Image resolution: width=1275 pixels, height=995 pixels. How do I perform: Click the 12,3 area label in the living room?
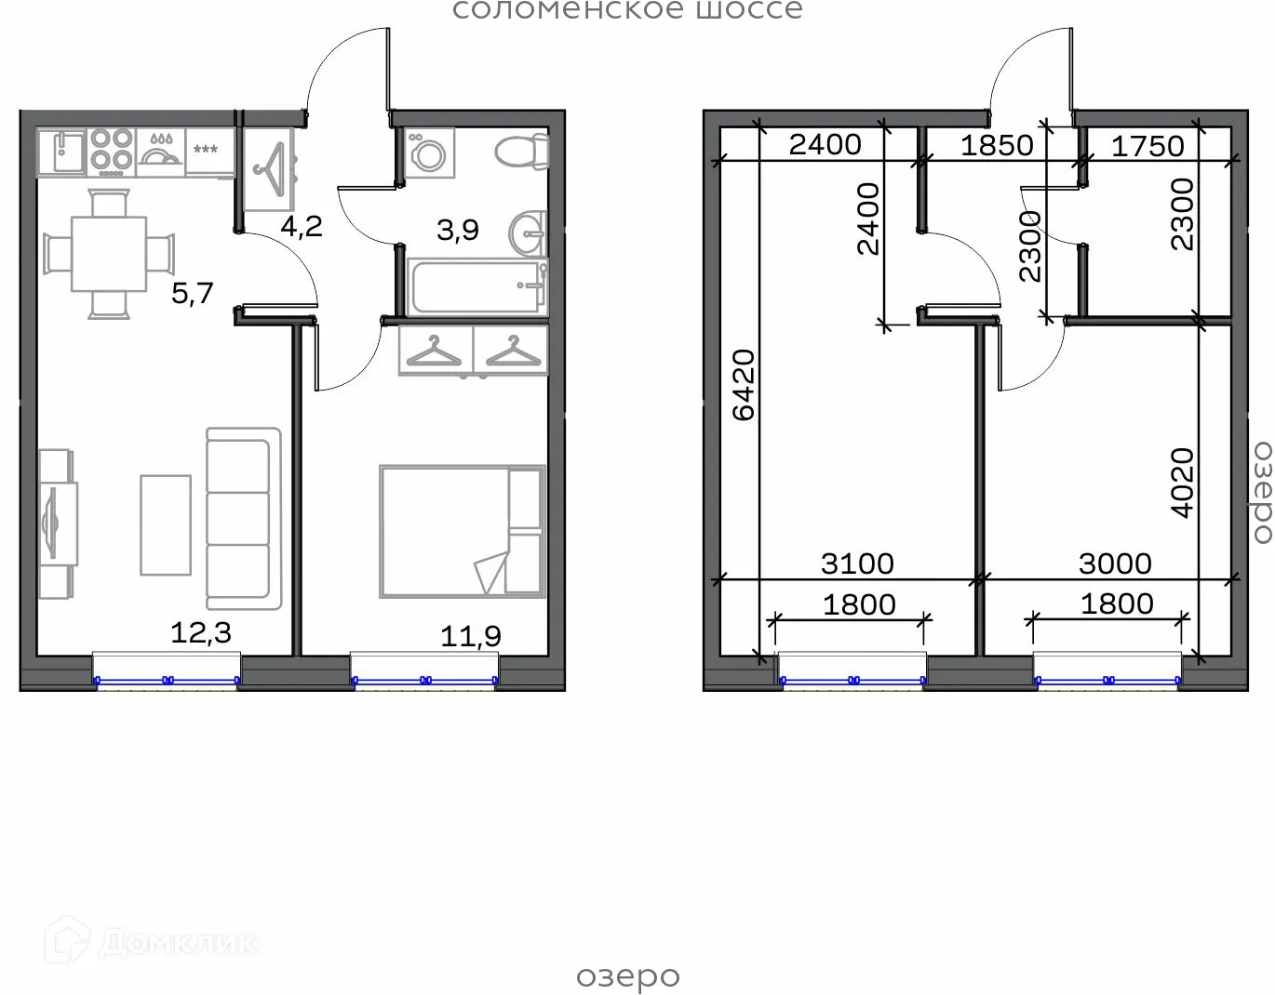pos(200,633)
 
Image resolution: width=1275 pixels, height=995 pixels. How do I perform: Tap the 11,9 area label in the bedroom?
pos(470,636)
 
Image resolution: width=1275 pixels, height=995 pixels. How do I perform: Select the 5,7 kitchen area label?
pos(193,294)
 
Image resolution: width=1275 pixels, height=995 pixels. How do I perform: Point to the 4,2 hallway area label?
pos(302,227)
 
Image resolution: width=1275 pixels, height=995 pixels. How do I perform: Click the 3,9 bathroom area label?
pos(458,230)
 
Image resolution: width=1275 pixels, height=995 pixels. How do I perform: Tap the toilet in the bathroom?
pos(521,152)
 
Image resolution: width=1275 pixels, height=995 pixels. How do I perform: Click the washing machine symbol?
pos(429,153)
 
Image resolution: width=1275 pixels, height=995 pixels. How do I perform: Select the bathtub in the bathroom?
pos(476,287)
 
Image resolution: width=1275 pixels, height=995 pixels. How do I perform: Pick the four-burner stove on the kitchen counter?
pos(112,152)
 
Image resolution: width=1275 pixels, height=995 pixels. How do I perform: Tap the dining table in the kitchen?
pos(109,254)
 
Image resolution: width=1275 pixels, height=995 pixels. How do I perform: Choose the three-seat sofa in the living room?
pos(243,518)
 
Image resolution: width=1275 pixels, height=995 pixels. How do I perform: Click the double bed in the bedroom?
pos(462,531)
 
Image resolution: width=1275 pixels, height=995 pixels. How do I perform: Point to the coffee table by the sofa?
pos(166,524)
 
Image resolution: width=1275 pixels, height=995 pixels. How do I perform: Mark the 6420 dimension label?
pos(744,385)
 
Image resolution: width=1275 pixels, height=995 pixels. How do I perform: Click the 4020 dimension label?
pos(1182,483)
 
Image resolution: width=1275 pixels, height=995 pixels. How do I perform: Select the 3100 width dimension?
pos(857,564)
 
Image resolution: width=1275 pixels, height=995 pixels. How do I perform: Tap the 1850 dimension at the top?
pos(997,145)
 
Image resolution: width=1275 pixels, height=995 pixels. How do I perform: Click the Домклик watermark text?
pos(177,942)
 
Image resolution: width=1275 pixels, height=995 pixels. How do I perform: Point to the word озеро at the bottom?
pos(628,977)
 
